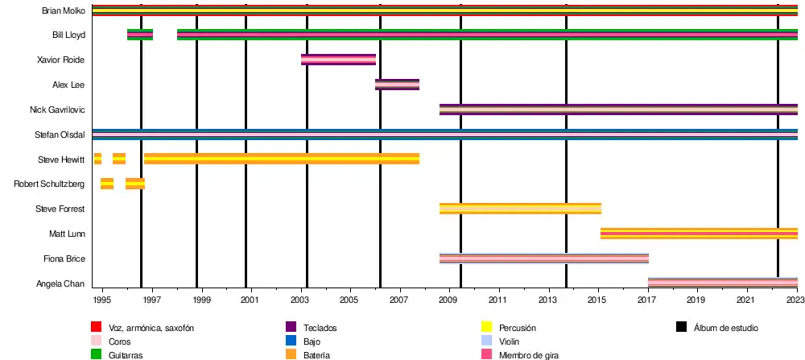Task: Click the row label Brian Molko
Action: tap(64, 10)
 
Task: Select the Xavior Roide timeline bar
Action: tap(338, 60)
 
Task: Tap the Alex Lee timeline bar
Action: tap(397, 85)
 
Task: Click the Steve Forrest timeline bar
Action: tap(520, 209)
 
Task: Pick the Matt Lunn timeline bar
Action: tap(699, 234)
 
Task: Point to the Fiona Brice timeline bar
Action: tap(543, 259)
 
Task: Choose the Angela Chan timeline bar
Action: tap(722, 283)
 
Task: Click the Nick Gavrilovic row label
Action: tap(57, 110)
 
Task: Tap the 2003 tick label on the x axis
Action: tap(299, 300)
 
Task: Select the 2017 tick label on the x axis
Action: tap(648, 300)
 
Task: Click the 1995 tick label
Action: tap(101, 300)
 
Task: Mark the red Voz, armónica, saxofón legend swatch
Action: tap(96, 328)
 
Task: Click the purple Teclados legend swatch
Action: tap(291, 328)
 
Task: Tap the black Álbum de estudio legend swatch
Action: tap(681, 328)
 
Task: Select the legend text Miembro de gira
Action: tap(528, 354)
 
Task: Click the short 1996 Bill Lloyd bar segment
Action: tap(140, 35)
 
